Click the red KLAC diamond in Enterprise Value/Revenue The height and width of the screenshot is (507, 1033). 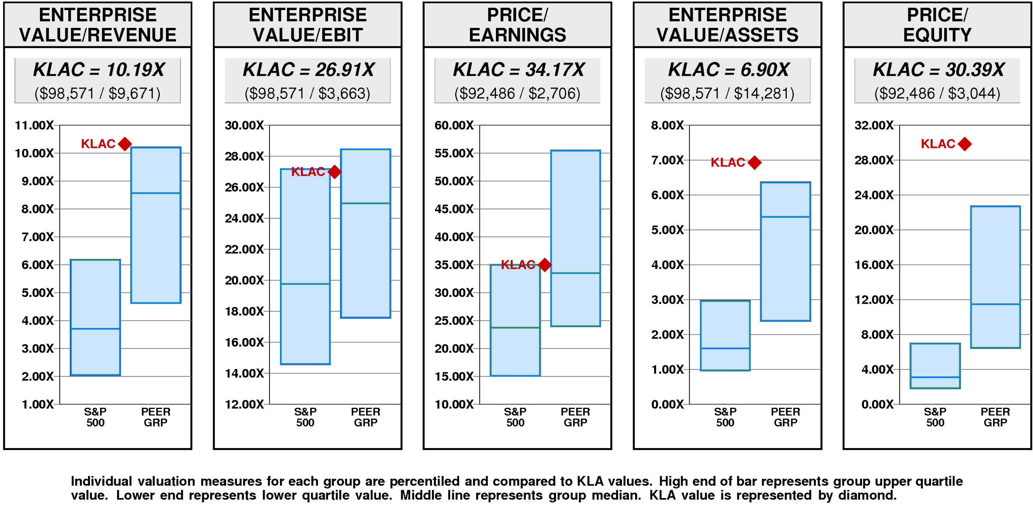coord(125,144)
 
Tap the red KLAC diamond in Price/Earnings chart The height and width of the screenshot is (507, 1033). coord(545,265)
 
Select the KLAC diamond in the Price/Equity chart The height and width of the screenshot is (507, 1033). coord(965,144)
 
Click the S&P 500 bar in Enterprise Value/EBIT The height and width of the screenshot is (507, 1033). coord(305,266)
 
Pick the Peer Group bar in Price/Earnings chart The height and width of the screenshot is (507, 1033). coord(575,238)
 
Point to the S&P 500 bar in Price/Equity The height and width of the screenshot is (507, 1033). coord(935,365)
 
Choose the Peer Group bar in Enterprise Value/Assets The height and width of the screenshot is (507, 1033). coord(785,251)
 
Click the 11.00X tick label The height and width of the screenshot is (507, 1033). coord(34,125)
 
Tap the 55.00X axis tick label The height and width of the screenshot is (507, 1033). coord(454,153)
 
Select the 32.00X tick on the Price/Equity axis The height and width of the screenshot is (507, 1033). coord(874,125)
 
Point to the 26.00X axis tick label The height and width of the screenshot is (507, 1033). coord(244,187)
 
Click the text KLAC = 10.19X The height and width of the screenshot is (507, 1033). coord(98,70)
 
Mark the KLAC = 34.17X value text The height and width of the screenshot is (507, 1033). coord(518,70)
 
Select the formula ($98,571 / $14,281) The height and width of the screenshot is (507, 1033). coord(727,94)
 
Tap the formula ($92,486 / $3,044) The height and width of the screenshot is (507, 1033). coord(937,94)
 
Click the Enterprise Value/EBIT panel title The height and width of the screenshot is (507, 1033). coord(307,25)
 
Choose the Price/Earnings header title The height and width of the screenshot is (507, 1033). coord(517,25)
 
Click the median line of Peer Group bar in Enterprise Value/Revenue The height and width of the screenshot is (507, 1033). coord(156,193)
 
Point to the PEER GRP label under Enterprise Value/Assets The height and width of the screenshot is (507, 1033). coord(785,417)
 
